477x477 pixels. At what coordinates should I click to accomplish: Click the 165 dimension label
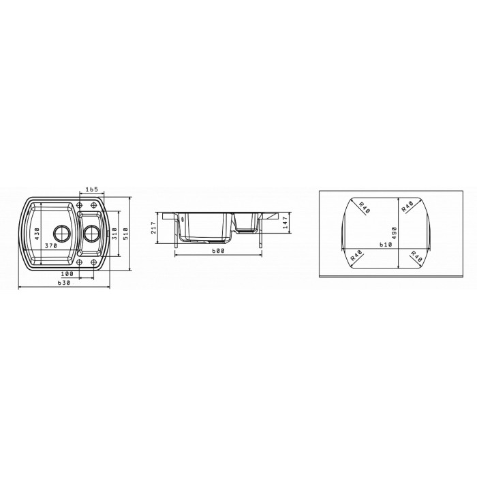(x=91, y=189)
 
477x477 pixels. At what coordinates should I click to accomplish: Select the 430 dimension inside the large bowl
(x=37, y=234)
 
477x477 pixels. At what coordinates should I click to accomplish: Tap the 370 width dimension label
(x=51, y=246)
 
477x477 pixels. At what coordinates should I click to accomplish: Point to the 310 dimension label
(x=114, y=234)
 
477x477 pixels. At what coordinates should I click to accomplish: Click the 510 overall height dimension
(x=125, y=234)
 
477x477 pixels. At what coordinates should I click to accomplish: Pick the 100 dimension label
(x=67, y=274)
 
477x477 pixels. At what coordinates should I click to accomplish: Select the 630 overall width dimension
(x=64, y=283)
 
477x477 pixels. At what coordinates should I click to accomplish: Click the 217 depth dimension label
(x=153, y=228)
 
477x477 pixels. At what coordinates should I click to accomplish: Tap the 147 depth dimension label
(x=285, y=222)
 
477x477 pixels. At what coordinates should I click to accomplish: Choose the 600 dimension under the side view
(x=218, y=251)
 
